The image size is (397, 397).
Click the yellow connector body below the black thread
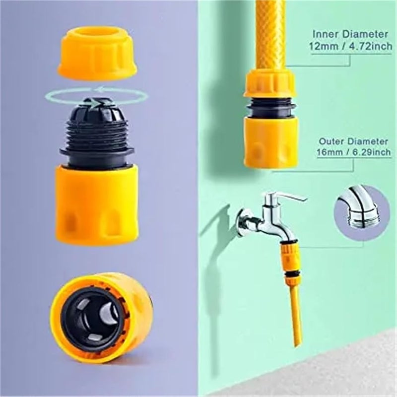point(96,203)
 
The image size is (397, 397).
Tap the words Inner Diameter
point(350,34)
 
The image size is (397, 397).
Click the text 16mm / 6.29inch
point(353,152)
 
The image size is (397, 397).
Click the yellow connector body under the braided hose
point(271,141)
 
